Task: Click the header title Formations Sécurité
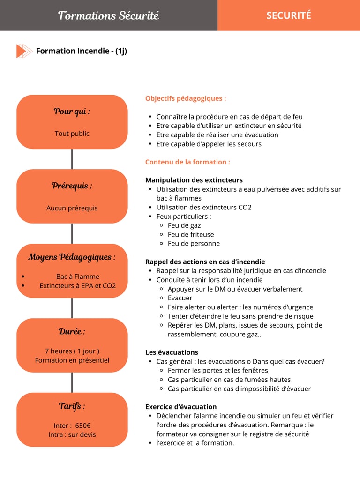[x=108, y=15]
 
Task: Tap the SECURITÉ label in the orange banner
[x=288, y=15]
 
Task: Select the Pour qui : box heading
[x=72, y=112]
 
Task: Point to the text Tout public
[x=72, y=134]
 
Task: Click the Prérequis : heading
[x=72, y=186]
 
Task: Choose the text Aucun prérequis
[x=72, y=208]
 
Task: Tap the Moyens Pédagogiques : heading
[x=72, y=257]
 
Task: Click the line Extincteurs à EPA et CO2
[x=77, y=285]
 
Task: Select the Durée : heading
[x=72, y=331]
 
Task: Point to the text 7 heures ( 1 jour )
[x=72, y=351]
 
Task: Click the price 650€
[x=82, y=426]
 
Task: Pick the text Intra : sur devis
[x=72, y=434]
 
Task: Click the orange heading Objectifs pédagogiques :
[x=186, y=98]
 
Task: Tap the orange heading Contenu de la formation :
[x=187, y=162]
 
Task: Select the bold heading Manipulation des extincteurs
[x=194, y=180]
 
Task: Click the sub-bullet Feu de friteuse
[x=191, y=234]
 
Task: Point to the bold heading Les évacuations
[x=172, y=352]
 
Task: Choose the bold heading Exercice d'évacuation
[x=181, y=407]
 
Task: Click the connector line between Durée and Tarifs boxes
[x=72, y=382]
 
